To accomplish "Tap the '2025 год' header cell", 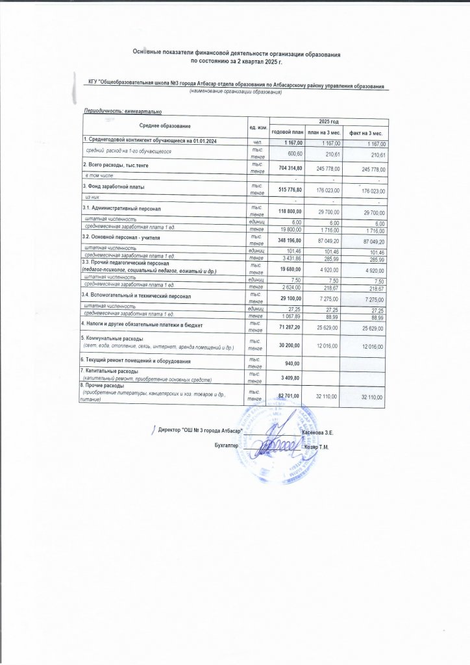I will (x=329, y=122).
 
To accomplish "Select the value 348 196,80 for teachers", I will (x=287, y=240).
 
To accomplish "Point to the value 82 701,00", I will (x=289, y=395).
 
